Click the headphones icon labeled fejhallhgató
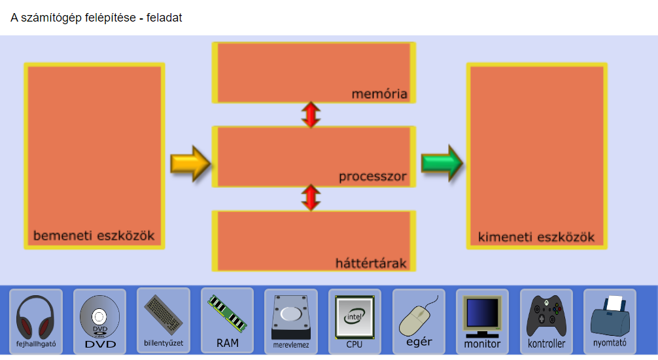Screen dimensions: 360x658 coord(36,321)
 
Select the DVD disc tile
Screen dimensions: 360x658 coord(99,321)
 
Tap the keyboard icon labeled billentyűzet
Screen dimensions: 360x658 coord(164,319)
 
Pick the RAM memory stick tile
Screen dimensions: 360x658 coord(227,319)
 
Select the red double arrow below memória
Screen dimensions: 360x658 coord(311,115)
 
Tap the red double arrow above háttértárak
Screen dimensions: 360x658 coord(311,198)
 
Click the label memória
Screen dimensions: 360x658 coord(379,94)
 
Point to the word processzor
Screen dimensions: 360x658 coord(373,177)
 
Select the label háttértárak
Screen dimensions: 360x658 coord(371,264)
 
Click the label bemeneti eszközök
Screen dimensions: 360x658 coord(94,235)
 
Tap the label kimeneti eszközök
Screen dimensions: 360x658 coord(536,237)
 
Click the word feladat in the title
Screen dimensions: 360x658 coord(164,18)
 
